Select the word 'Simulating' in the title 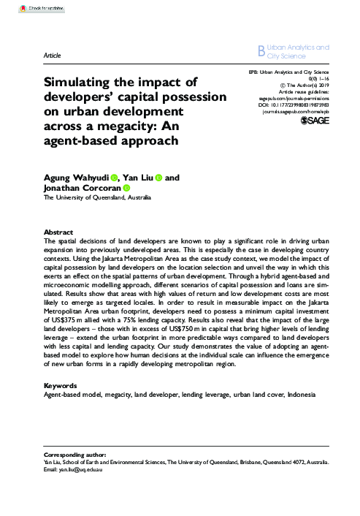tap(81, 83)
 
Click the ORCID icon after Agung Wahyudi tap(115, 178)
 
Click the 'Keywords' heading tap(61, 384)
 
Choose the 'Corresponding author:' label tap(74, 455)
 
